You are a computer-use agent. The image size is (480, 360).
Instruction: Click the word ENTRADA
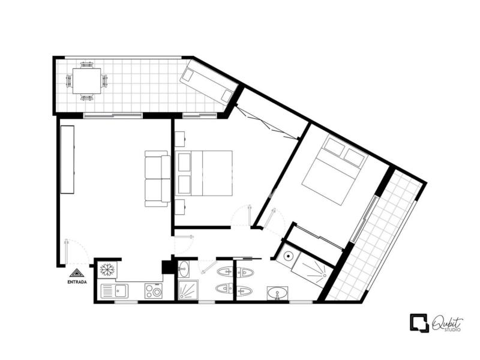pos(77,282)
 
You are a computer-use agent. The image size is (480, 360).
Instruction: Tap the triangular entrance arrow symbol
pos(77,273)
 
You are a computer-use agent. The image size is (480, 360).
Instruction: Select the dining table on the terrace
pos(86,81)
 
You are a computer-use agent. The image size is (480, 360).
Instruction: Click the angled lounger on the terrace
pos(209,81)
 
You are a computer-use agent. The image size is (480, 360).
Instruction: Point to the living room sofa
pos(158,179)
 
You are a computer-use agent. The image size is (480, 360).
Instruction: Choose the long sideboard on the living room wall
pos(67,160)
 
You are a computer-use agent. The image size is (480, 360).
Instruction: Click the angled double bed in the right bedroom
pos(335,170)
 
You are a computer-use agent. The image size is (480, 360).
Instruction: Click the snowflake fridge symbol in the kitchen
pos(107,269)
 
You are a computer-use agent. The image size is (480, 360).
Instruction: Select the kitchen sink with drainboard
pos(115,291)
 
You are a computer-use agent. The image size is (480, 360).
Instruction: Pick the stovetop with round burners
pos(153,291)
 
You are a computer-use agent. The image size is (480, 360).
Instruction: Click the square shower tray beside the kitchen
pos(188,290)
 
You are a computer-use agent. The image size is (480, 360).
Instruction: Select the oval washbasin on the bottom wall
pos(277,293)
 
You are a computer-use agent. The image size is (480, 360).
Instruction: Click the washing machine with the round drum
pos(287,256)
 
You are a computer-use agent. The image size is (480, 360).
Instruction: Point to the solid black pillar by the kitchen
pos(167,266)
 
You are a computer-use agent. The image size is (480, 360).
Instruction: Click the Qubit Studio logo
pos(437,323)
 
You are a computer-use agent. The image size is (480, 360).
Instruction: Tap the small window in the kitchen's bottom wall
pos(126,302)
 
